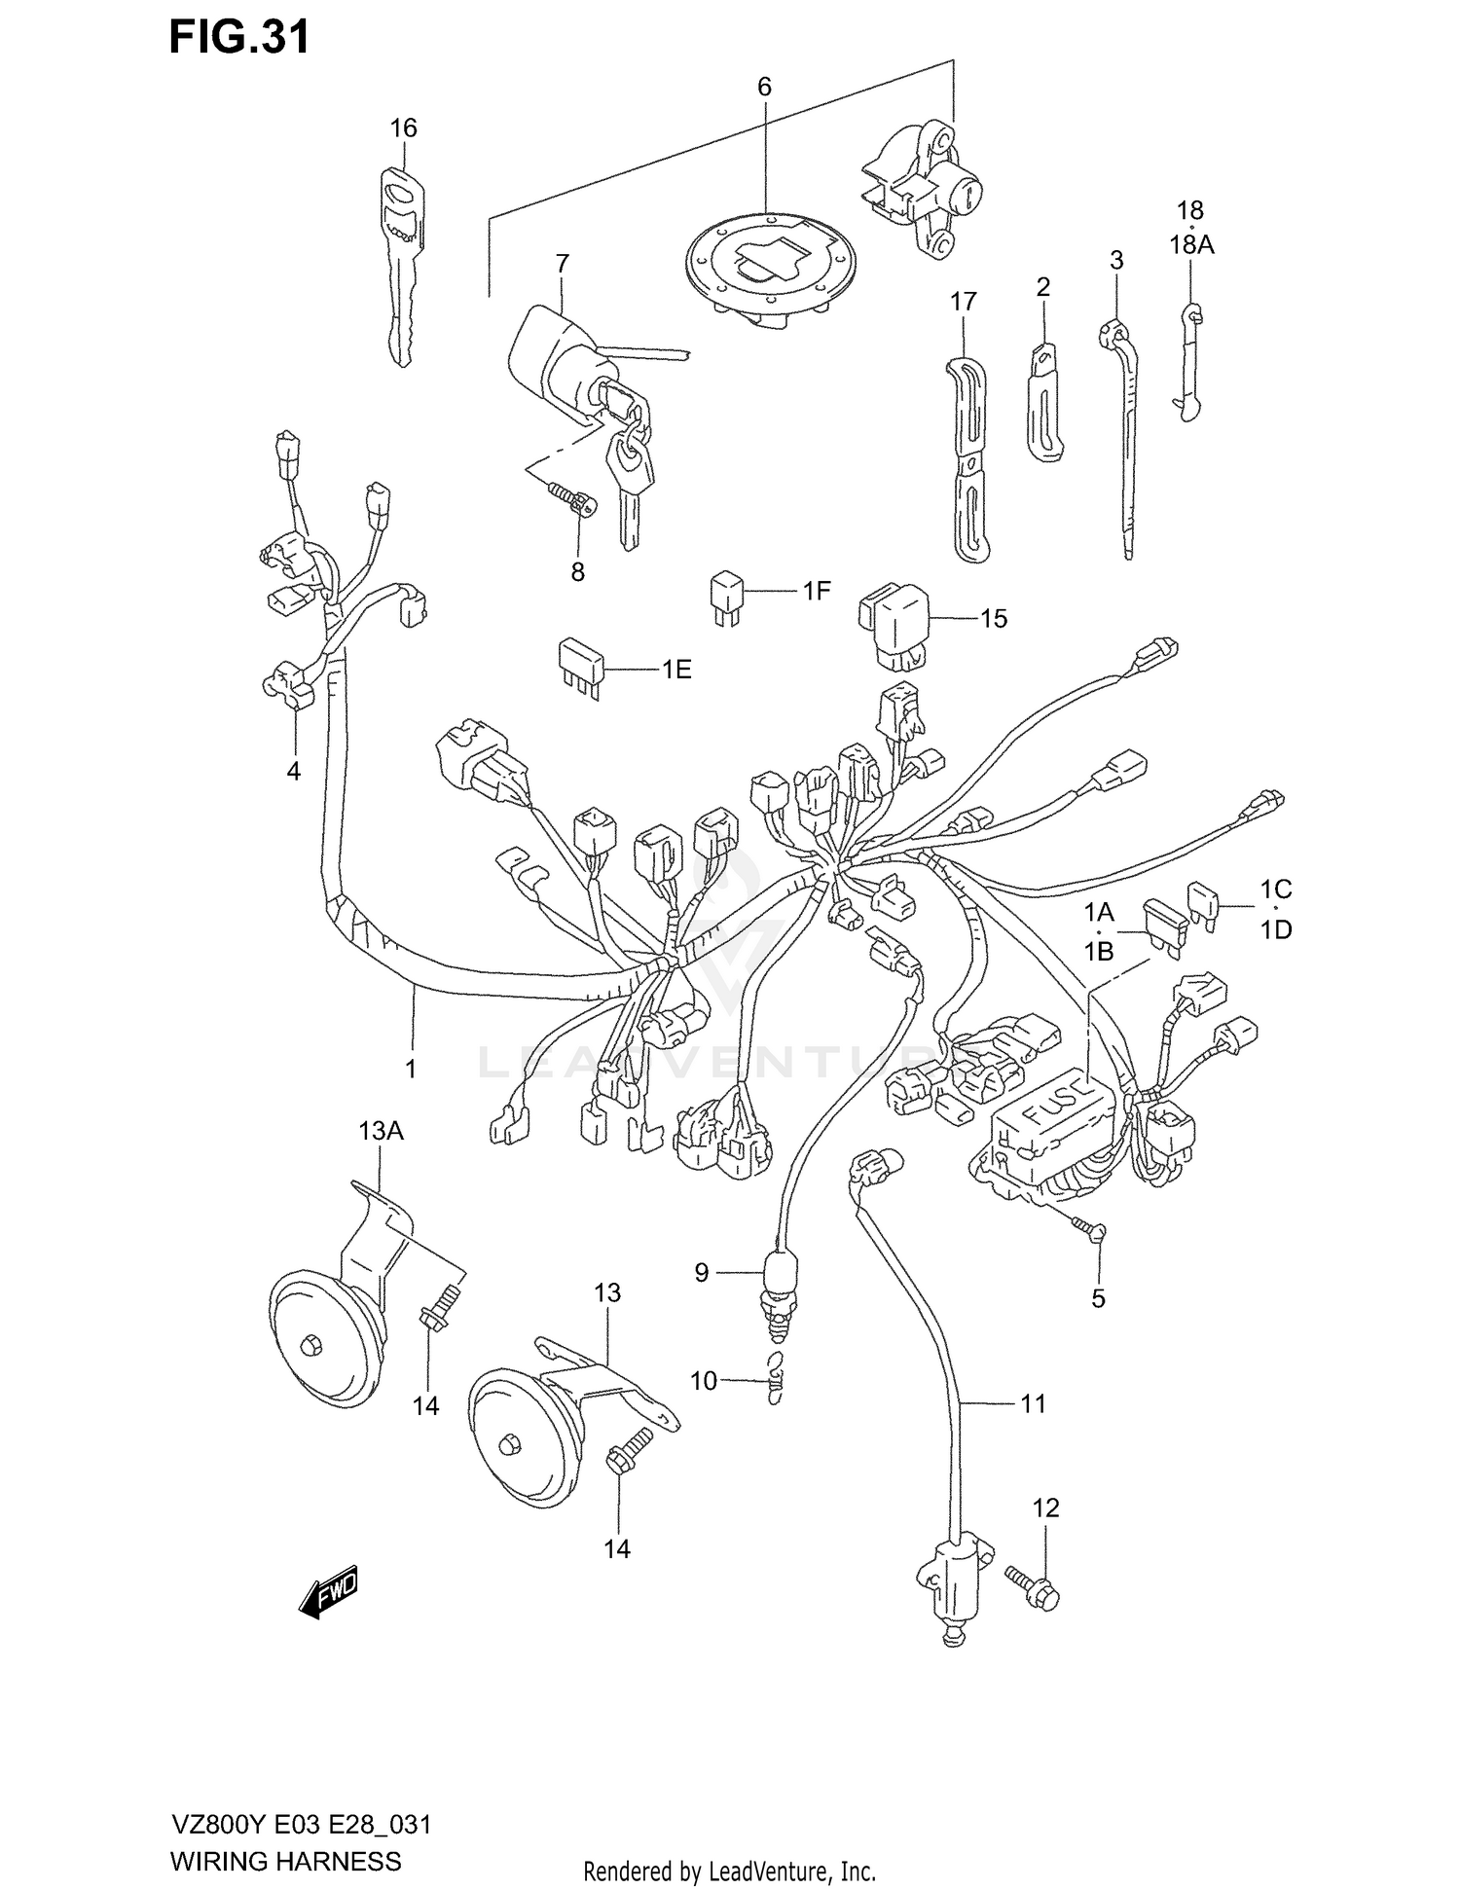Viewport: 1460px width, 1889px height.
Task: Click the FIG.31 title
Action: click(239, 37)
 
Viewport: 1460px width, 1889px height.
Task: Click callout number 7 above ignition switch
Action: click(562, 264)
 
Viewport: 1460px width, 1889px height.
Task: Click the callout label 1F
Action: click(816, 590)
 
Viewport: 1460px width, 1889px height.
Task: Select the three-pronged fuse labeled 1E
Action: click(580, 668)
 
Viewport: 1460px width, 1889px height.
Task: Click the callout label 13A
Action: click(381, 1130)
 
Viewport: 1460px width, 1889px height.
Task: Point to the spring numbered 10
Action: click(775, 1378)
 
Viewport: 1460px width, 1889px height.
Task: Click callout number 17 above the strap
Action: click(963, 302)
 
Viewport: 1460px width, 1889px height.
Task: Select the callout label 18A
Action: click(1191, 245)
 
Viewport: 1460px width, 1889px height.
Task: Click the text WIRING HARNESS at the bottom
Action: click(285, 1862)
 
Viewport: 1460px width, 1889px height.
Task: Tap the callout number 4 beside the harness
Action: click(293, 772)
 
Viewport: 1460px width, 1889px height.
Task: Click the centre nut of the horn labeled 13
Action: click(509, 1447)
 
